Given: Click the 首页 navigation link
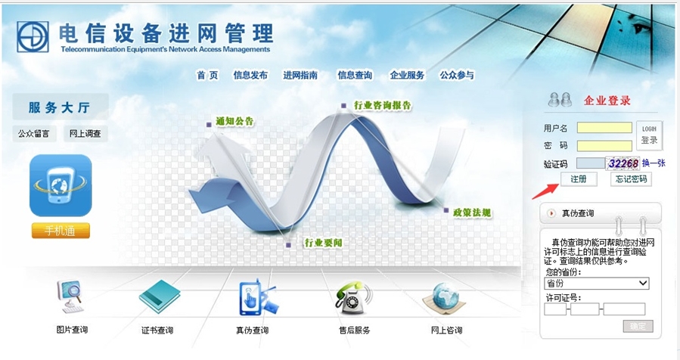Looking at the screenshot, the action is click(207, 75).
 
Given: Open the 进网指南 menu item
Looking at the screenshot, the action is click(300, 75).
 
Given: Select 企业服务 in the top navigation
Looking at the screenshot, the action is click(407, 75).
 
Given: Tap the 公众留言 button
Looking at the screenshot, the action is click(34, 134).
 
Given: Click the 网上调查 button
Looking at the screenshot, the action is click(85, 134).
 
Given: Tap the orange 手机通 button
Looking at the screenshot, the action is click(61, 231).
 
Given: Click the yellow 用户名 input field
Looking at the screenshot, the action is click(604, 128).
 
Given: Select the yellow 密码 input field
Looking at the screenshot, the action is click(604, 146).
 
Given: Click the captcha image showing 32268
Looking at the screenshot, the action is click(623, 163).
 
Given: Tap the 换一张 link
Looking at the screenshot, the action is click(654, 163).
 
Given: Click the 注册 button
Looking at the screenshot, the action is click(579, 178).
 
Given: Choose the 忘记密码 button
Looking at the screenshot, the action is click(631, 178).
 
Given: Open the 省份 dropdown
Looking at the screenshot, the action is click(597, 283).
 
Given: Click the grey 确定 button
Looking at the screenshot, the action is click(638, 326).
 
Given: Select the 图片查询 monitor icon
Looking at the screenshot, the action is click(70, 296).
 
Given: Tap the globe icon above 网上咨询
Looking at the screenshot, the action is click(444, 299).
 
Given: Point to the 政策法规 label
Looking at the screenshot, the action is click(472, 213).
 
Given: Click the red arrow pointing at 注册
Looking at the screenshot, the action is click(545, 191).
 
